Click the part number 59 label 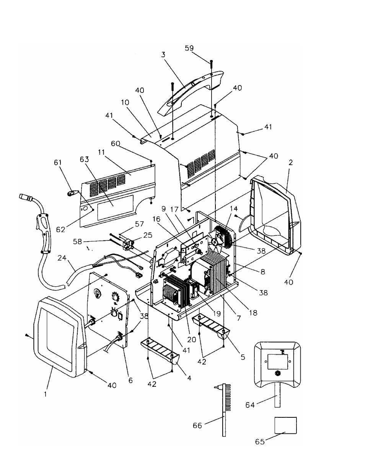189,48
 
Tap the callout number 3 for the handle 163,55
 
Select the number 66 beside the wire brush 197,425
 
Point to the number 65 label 260,441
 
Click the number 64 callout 250,405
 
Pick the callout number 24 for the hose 62,258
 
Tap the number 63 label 84,159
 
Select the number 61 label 58,162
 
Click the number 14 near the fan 234,209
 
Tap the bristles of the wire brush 228,394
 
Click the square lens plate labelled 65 285,425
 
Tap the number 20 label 192,339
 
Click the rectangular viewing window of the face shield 278,362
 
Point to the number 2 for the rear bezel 291,162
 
